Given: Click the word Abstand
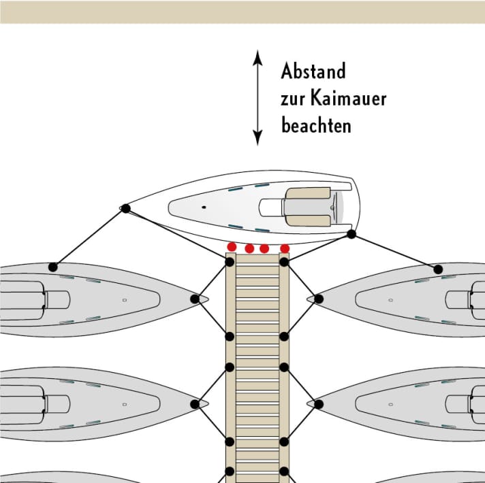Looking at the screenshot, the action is tap(313, 71).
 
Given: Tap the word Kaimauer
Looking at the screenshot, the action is tap(349, 98).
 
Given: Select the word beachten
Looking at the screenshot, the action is tap(316, 125).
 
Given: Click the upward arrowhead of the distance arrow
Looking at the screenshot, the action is tap(257, 58).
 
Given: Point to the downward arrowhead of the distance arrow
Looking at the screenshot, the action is tap(257, 137).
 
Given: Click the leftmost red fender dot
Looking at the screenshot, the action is tap(232, 247).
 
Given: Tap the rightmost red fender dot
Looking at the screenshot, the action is tap(285, 248).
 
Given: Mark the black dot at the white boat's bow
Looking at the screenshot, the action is tap(125, 208).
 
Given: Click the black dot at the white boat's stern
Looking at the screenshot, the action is tap(351, 234).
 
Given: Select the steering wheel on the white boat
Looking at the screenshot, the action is tap(333, 207).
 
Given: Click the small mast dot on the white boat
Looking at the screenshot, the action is tap(204, 207).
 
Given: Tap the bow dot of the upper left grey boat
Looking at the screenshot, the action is tap(195, 299).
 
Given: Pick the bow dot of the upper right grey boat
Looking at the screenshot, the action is tap(319, 299).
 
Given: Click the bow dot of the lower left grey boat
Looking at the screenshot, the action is tap(195, 404).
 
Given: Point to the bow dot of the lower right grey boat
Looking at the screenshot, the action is tap(319, 404).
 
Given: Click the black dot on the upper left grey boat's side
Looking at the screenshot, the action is tap(53, 267).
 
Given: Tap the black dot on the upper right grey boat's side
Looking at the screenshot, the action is tap(438, 269).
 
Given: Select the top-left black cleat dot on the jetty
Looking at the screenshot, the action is tap(230, 262).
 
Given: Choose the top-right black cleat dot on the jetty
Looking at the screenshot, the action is tap(284, 262).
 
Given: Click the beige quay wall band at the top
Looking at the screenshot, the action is tap(242, 12).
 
